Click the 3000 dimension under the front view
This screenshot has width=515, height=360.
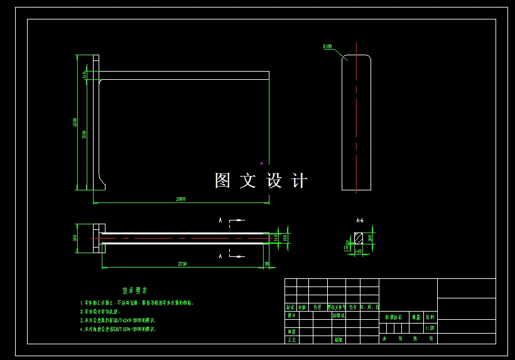pyautogui.click(x=181, y=199)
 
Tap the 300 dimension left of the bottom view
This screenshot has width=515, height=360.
pyautogui.click(x=75, y=237)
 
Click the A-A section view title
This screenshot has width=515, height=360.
pyautogui.click(x=360, y=221)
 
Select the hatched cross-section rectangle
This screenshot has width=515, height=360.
pyautogui.click(x=359, y=239)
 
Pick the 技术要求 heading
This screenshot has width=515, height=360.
pyautogui.click(x=134, y=291)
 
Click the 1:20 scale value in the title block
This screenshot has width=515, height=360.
pyautogui.click(x=430, y=328)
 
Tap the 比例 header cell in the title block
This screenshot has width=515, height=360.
pyautogui.click(x=430, y=317)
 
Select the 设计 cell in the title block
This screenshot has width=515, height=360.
pyautogui.click(x=291, y=316)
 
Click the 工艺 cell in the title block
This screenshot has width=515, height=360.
pyautogui.click(x=291, y=339)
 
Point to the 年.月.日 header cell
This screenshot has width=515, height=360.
pyautogui.click(x=371, y=307)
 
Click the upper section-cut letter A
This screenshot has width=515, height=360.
pyautogui.click(x=220, y=221)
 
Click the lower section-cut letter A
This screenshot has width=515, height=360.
pyautogui.click(x=220, y=256)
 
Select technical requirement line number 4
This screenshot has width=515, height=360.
pyautogui.click(x=118, y=329)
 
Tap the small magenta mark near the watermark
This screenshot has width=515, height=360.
pyautogui.click(x=262, y=163)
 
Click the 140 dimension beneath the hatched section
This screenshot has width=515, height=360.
pyautogui.click(x=359, y=251)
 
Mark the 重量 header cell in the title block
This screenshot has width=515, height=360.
pyautogui.click(x=416, y=317)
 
